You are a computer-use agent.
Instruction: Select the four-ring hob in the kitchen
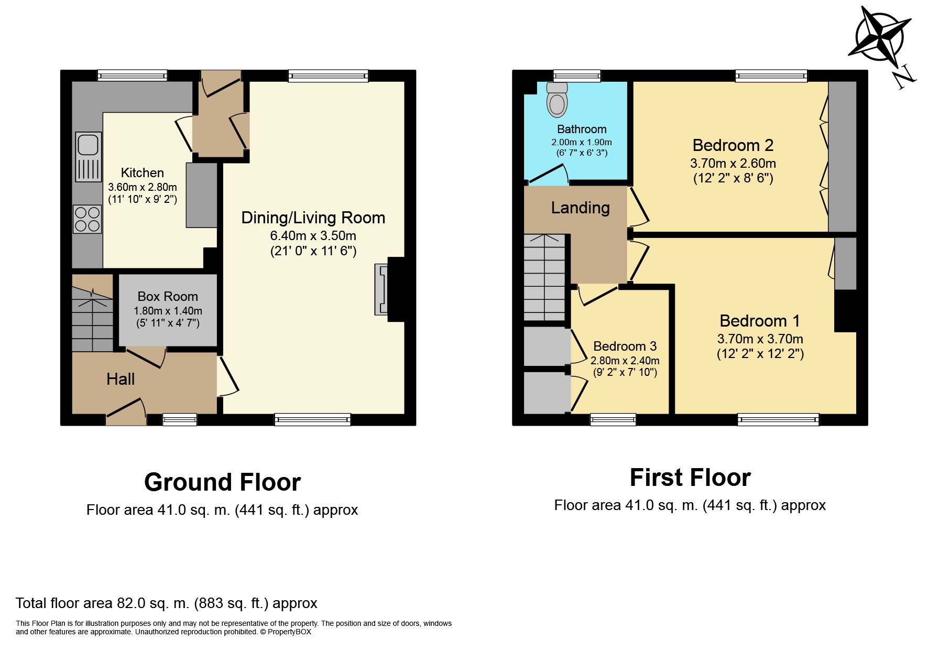tap(88, 219)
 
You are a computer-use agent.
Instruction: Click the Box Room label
tap(168, 296)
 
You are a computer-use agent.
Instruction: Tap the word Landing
tap(580, 208)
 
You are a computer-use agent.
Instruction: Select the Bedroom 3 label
tap(625, 346)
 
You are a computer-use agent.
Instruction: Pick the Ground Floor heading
tap(223, 482)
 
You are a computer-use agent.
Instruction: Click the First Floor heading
tap(690, 478)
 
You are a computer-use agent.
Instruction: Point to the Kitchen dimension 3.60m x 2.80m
tap(143, 187)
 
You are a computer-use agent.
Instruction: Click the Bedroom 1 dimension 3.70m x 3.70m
tap(760, 339)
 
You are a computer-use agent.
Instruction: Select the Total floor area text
tap(167, 603)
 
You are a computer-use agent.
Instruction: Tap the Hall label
tap(121, 379)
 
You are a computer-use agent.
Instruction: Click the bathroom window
tap(577, 76)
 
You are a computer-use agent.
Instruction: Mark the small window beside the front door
tap(180, 419)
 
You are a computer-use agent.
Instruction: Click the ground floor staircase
tap(92, 313)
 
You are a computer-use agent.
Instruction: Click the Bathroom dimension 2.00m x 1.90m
tap(582, 142)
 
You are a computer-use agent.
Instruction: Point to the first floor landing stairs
tap(545, 277)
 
